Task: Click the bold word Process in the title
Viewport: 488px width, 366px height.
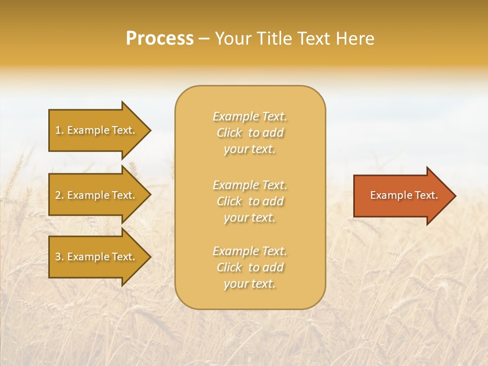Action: (x=160, y=39)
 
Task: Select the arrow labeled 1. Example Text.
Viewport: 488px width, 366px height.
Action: (x=97, y=130)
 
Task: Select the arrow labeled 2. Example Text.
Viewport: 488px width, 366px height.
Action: (x=97, y=195)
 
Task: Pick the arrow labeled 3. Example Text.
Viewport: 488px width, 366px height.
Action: (x=97, y=257)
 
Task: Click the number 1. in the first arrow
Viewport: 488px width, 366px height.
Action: (x=59, y=130)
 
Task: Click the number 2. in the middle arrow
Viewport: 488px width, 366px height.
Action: (x=59, y=195)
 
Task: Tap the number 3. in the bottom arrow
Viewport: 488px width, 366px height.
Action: (x=59, y=257)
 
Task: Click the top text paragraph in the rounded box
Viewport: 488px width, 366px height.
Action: (x=250, y=133)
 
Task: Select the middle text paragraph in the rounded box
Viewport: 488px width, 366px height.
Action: (x=250, y=201)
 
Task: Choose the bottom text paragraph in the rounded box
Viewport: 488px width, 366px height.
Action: (x=250, y=267)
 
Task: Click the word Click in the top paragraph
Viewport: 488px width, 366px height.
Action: (x=229, y=133)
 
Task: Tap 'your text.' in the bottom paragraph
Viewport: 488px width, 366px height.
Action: (x=250, y=284)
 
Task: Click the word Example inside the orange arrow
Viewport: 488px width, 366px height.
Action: (x=388, y=195)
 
